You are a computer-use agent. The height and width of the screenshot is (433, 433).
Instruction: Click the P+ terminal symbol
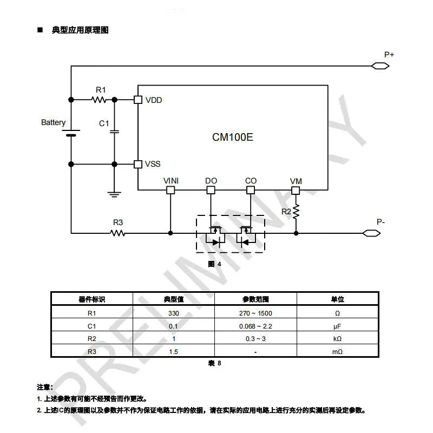coord(380,66)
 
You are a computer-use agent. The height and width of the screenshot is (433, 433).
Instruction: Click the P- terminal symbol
coord(371,233)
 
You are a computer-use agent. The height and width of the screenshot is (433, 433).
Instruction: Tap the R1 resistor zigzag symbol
coord(99,100)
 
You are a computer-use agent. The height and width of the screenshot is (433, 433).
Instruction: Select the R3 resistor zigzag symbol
coord(117,233)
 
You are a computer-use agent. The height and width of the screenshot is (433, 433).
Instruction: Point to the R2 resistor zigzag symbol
coord(296,212)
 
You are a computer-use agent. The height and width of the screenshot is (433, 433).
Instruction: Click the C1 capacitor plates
coord(114,132)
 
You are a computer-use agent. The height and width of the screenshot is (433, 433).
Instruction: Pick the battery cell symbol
coord(71,133)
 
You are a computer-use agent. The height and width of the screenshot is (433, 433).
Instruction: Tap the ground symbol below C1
coord(114,194)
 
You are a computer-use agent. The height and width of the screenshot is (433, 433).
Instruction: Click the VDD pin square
coord(138,100)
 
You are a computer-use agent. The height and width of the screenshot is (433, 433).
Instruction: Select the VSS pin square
coord(138,165)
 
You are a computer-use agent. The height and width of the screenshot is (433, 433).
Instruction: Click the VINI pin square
coord(170,190)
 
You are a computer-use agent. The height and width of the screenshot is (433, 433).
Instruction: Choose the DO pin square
coord(211,190)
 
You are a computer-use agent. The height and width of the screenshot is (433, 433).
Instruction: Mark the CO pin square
coord(251,190)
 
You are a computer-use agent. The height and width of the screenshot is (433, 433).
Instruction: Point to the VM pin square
coord(296,191)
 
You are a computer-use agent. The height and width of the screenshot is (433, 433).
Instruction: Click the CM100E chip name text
coord(233,137)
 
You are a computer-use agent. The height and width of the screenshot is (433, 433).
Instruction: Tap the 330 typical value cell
coord(174,313)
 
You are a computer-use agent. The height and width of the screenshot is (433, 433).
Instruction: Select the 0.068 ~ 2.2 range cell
coord(255,326)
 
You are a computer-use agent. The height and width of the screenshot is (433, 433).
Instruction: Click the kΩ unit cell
coord(337,339)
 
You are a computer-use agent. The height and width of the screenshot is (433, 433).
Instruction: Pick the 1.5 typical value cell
coord(173,352)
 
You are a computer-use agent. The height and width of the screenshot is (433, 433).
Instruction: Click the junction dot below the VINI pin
coord(170,233)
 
